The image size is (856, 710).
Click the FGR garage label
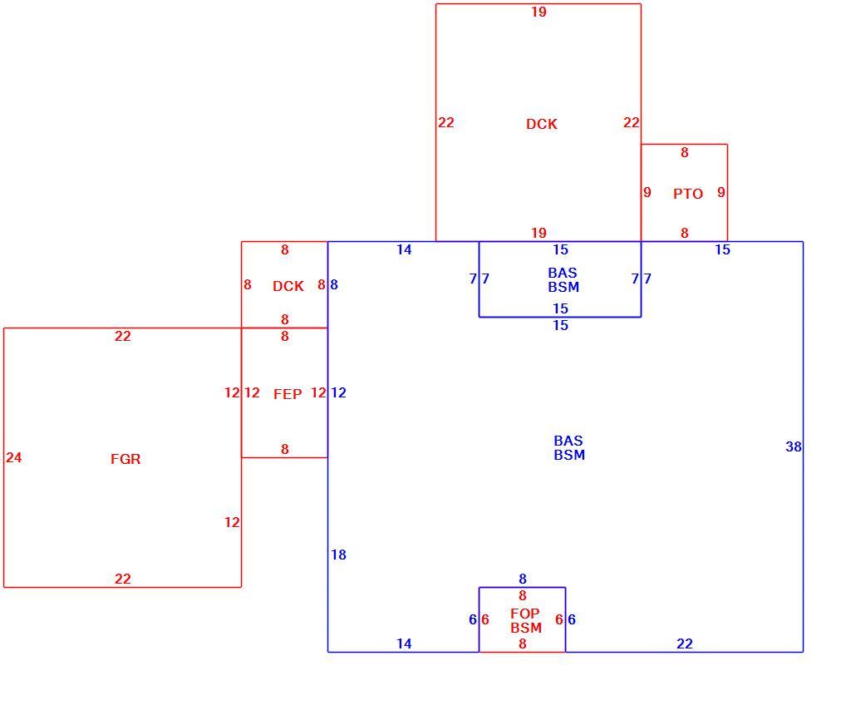click(x=125, y=459)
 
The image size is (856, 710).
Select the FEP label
click(x=288, y=394)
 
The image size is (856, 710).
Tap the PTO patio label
click(x=688, y=194)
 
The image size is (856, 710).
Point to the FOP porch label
click(x=524, y=614)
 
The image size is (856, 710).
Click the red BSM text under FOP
click(x=526, y=628)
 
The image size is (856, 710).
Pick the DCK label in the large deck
click(x=542, y=124)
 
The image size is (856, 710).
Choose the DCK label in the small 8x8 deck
click(x=288, y=286)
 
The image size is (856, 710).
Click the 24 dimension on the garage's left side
click(x=13, y=458)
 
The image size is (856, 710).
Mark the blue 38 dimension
click(x=793, y=446)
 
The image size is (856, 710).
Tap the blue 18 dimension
click(x=338, y=555)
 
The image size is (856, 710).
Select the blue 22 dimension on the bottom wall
click(x=685, y=644)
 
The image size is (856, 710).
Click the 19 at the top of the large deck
click(x=539, y=12)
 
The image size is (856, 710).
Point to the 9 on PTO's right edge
click(x=721, y=192)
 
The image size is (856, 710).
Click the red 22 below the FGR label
click(x=123, y=579)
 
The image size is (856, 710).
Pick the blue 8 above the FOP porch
click(x=523, y=579)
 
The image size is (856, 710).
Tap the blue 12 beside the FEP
click(x=338, y=392)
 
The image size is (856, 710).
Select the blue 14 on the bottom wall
click(x=404, y=644)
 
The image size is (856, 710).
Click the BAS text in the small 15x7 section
click(x=563, y=273)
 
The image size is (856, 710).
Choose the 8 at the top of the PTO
click(x=685, y=152)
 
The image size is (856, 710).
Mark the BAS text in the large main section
click(x=568, y=441)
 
